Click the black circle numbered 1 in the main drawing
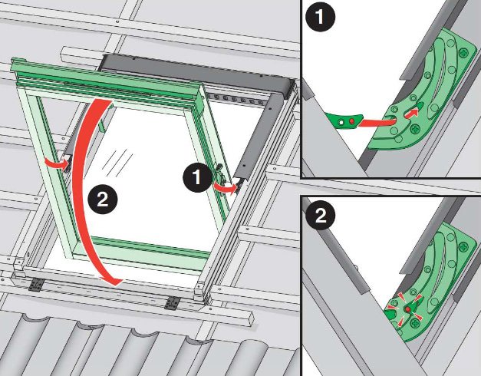coord(197,177)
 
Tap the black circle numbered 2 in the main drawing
coord(103,200)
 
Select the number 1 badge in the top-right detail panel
coord(320,17)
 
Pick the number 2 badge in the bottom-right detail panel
coord(321,215)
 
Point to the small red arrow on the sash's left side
coord(57,163)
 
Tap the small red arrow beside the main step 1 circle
coord(226,187)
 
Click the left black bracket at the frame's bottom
coord(36,285)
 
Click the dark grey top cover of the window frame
coord(196,71)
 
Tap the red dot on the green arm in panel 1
coord(352,121)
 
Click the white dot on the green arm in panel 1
coord(341,122)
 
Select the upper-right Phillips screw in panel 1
coord(463,53)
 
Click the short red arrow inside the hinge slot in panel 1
coord(412,114)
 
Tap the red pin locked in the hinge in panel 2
coord(407,309)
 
